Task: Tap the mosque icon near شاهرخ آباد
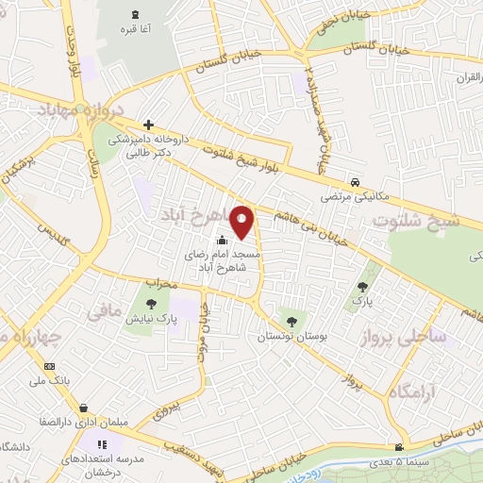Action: [222, 240]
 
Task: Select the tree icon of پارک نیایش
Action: [150, 304]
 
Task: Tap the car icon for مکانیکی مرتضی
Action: [354, 181]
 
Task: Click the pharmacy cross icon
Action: [148, 125]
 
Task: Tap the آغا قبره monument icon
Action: [133, 14]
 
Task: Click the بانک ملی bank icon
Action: [50, 366]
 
